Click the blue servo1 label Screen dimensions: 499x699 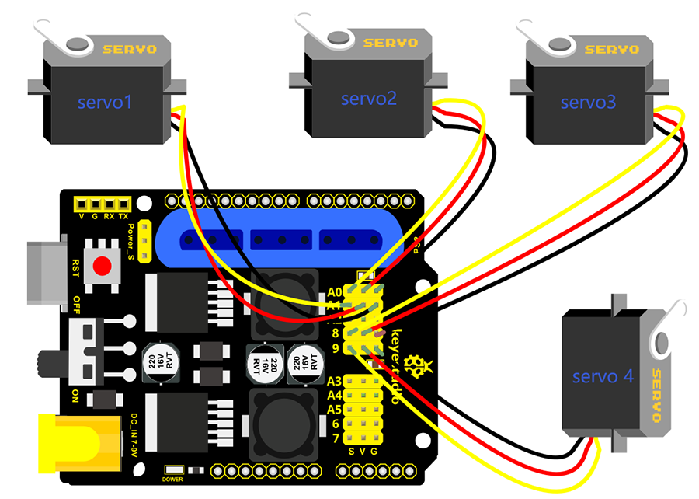click(x=106, y=101)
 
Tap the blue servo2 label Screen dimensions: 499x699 click(x=369, y=99)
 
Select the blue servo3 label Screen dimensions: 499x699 click(x=587, y=102)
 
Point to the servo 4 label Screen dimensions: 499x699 click(x=603, y=377)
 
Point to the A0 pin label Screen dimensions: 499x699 click(x=335, y=292)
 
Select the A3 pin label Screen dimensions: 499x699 click(x=335, y=381)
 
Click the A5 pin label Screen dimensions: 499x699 click(x=335, y=410)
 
